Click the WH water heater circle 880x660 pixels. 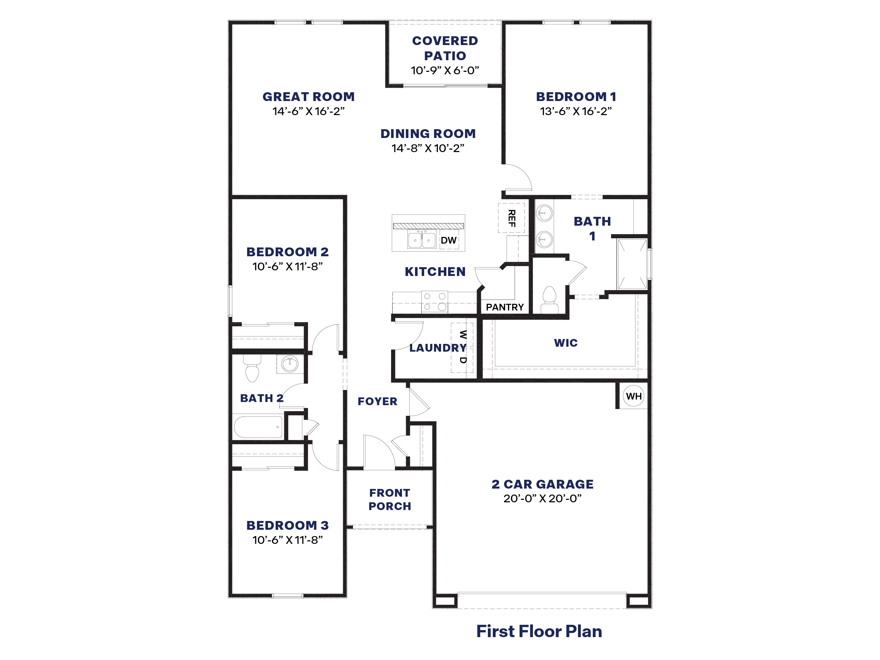633,396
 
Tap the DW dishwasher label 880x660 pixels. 448,240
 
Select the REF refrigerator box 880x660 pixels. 511,218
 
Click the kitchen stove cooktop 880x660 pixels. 434,302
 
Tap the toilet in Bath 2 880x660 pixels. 252,370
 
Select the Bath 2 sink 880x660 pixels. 290,364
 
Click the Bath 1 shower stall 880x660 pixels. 632,264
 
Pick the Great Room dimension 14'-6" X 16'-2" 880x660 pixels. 308,111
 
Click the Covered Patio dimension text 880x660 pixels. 445,71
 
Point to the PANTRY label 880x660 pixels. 504,307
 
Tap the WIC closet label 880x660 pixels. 565,342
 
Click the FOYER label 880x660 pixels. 377,401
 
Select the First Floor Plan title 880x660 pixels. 539,631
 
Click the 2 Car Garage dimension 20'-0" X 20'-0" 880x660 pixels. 542,498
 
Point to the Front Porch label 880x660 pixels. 389,499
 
